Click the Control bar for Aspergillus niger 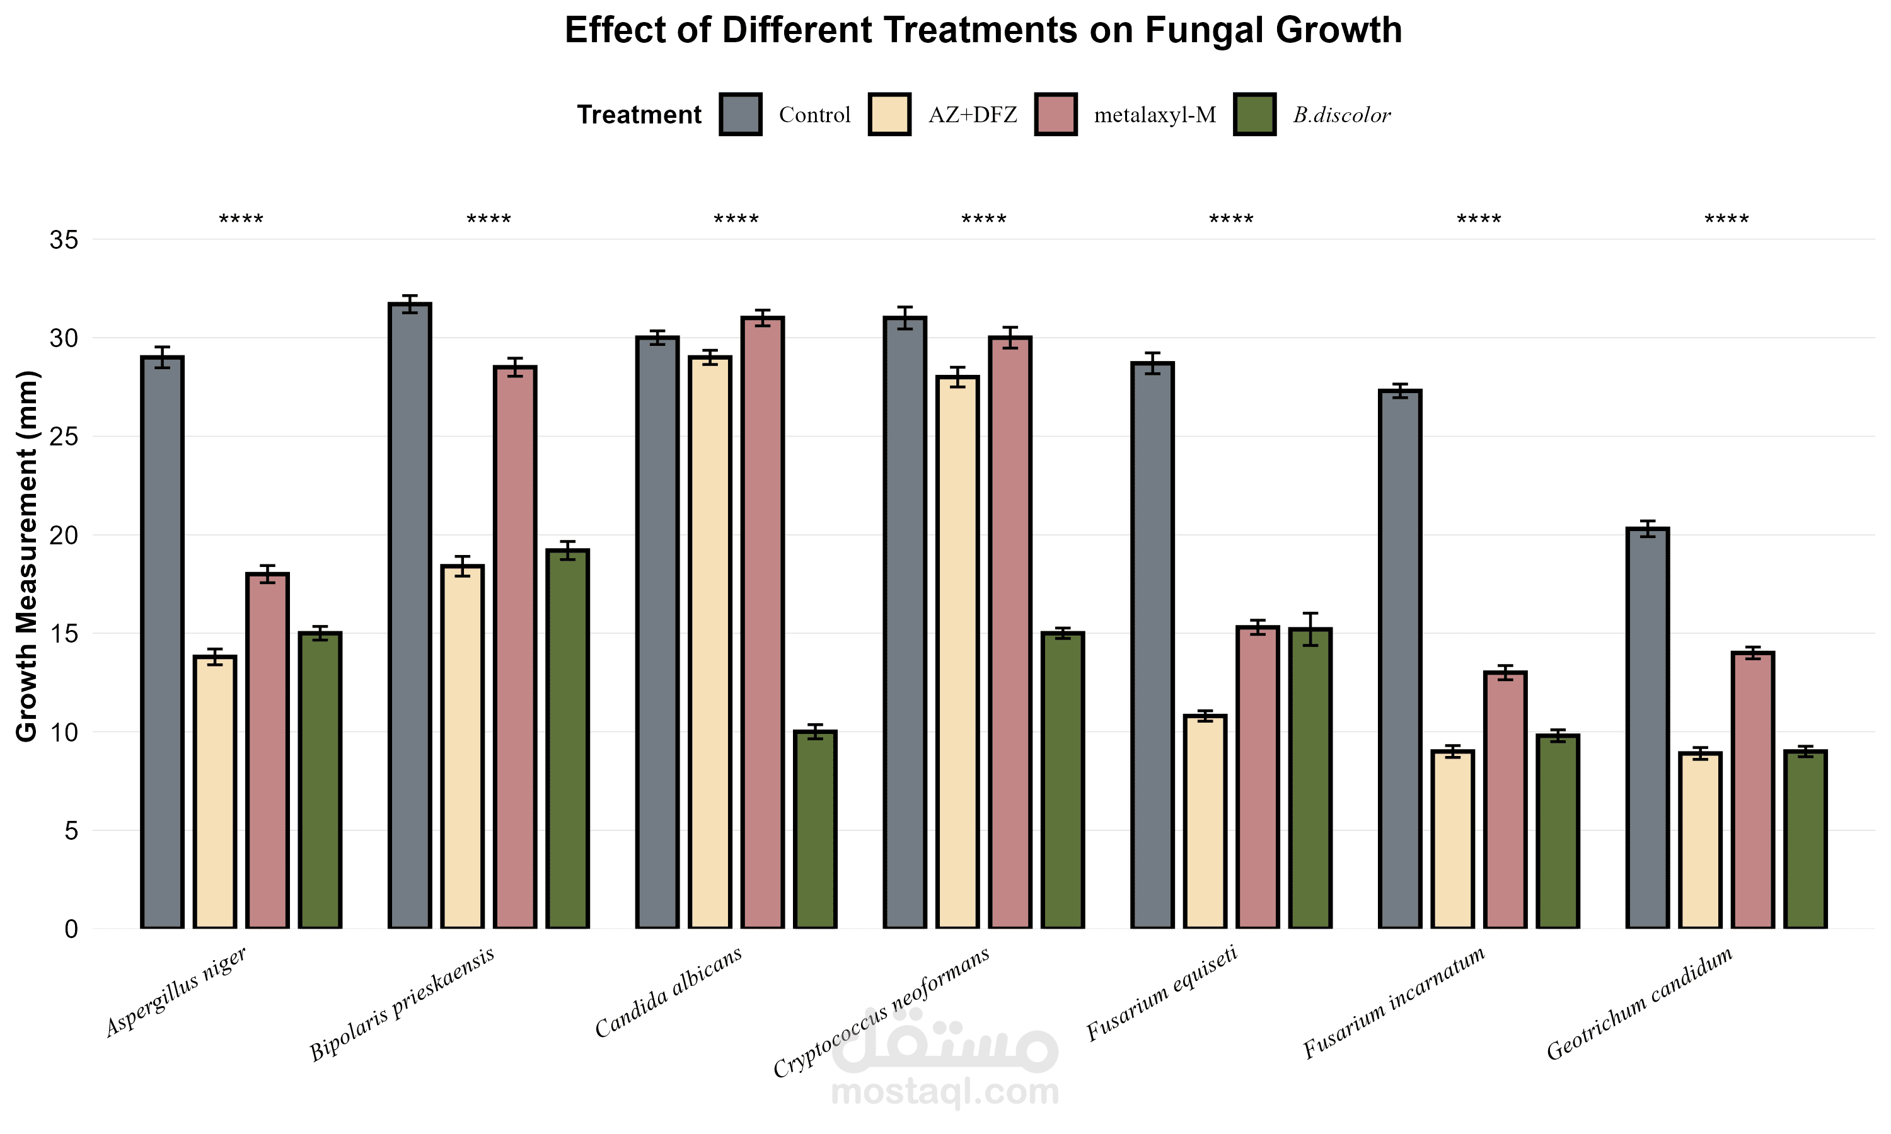point(162,642)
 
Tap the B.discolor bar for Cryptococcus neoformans point(1063,779)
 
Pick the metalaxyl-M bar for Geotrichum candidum point(1753,790)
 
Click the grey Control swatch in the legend point(740,115)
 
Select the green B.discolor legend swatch point(1254,115)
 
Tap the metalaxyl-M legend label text point(1154,115)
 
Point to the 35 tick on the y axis point(64,240)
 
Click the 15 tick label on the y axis point(64,634)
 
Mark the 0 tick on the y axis point(71,929)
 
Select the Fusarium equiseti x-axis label point(1162,993)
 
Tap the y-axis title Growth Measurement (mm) point(28,556)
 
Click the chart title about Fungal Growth point(983,31)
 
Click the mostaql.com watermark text point(945,1092)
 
